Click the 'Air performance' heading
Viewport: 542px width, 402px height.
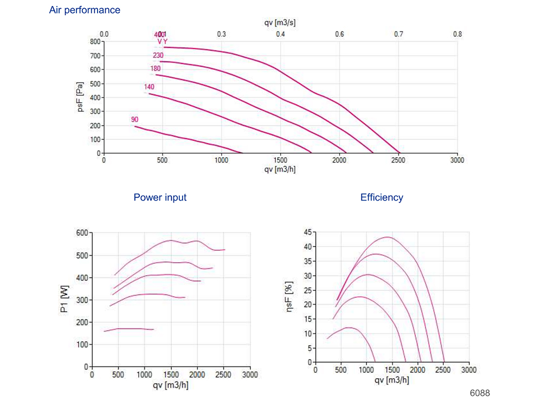tap(85, 10)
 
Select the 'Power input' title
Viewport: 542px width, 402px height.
tap(160, 198)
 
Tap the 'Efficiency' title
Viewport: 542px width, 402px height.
tap(382, 198)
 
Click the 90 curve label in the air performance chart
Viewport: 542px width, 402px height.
tap(135, 119)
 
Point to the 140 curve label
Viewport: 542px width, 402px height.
tap(149, 87)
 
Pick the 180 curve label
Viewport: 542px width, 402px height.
tap(156, 69)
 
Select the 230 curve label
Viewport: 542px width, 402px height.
tap(158, 55)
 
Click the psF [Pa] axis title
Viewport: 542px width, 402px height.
tap(80, 98)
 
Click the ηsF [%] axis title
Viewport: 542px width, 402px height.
tap(289, 298)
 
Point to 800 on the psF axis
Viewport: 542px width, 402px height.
tap(95, 41)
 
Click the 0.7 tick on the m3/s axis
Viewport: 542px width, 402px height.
tap(398, 34)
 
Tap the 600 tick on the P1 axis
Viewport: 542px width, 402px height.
tap(82, 233)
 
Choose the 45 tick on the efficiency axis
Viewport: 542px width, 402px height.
tap(306, 233)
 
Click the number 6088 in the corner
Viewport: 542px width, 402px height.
tap(480, 393)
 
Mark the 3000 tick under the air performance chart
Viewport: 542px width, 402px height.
tap(457, 161)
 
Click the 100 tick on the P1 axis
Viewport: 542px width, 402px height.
tap(82, 345)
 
